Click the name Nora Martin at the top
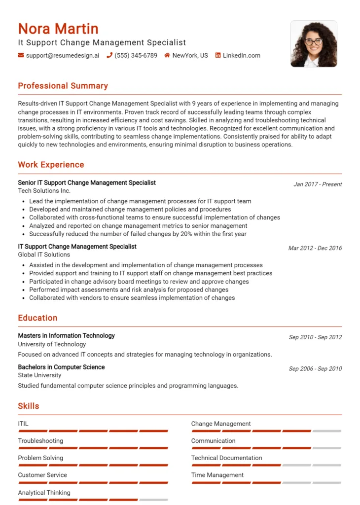tap(58, 29)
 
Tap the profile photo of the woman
tap(314, 43)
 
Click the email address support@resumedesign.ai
tap(62, 56)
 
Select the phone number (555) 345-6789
tap(136, 56)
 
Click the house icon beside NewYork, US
tap(167, 56)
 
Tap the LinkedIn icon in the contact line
tap(218, 56)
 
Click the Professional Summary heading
tap(63, 86)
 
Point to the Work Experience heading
tap(51, 165)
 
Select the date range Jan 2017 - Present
tap(318, 184)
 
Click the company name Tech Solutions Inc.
tap(44, 191)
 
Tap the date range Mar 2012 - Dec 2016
tap(315, 249)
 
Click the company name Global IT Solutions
tap(44, 255)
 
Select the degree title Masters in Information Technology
tap(66, 336)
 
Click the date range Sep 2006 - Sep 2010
tap(315, 369)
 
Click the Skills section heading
tap(29, 406)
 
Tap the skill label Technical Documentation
tap(226, 458)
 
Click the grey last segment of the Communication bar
tap(327, 448)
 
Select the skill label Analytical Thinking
tap(44, 493)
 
